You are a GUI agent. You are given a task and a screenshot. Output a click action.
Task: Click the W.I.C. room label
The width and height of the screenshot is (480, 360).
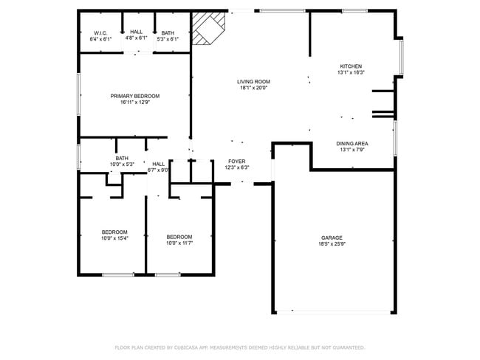click(101, 32)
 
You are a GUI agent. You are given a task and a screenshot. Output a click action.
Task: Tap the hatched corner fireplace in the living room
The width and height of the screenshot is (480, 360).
click(206, 30)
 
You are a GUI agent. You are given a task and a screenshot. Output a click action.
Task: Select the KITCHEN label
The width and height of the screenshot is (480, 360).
click(350, 66)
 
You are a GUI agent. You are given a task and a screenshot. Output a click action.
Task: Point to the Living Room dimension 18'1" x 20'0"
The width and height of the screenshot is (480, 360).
click(253, 88)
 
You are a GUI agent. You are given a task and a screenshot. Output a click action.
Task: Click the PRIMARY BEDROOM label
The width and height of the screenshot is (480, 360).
click(134, 96)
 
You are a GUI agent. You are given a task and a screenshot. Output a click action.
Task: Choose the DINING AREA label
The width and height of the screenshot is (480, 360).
click(352, 143)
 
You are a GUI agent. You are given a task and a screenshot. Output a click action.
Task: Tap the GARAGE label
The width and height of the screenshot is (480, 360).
click(331, 238)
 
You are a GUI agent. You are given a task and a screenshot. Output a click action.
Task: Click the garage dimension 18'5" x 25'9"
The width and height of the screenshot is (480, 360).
click(331, 243)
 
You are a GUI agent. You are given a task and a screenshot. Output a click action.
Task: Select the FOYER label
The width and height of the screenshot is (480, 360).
click(236, 161)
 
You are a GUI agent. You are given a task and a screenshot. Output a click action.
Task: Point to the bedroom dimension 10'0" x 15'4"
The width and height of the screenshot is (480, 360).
click(114, 238)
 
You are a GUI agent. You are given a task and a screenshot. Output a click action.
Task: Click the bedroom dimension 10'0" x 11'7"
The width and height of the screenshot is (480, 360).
click(179, 243)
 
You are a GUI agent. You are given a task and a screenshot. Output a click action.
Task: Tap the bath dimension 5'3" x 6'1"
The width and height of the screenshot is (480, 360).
click(168, 38)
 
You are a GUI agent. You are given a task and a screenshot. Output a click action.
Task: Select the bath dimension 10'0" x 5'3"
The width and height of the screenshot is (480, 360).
click(122, 164)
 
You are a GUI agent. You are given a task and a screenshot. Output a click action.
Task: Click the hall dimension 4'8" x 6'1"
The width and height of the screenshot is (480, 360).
click(136, 38)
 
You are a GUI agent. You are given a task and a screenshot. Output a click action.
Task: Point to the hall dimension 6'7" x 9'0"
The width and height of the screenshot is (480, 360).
click(159, 170)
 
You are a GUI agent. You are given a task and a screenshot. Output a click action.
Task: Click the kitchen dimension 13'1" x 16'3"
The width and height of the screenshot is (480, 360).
click(350, 72)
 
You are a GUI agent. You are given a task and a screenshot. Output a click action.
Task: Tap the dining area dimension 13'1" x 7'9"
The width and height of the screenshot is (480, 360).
click(352, 150)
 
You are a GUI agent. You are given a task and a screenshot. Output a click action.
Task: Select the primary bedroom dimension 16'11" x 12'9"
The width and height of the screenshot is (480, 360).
click(134, 103)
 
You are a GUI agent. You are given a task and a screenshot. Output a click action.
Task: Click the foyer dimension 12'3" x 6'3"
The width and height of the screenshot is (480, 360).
click(236, 167)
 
